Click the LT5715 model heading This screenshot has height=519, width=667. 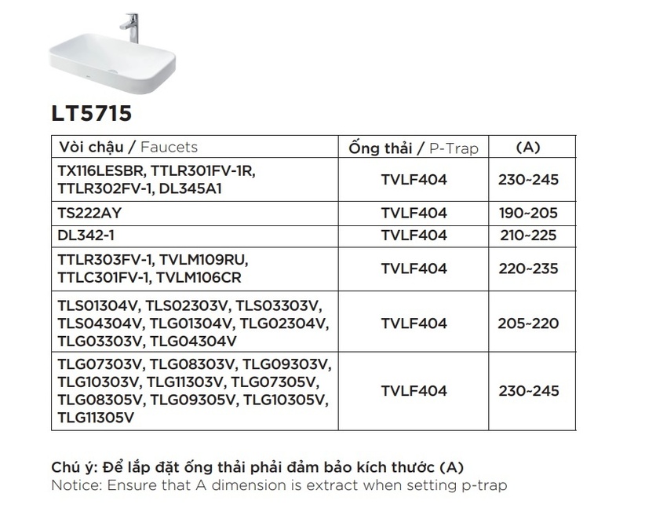(x=92, y=113)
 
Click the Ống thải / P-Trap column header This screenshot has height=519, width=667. (x=414, y=148)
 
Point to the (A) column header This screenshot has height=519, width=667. (x=528, y=147)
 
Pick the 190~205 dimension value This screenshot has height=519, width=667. (x=528, y=213)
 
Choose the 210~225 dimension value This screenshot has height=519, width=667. (x=528, y=235)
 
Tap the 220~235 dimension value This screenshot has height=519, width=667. (x=528, y=269)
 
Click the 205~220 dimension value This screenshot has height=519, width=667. (x=528, y=323)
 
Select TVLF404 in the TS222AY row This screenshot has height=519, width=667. (x=414, y=213)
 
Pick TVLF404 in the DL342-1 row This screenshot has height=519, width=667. (x=414, y=235)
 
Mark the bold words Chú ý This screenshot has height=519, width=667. (x=74, y=466)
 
